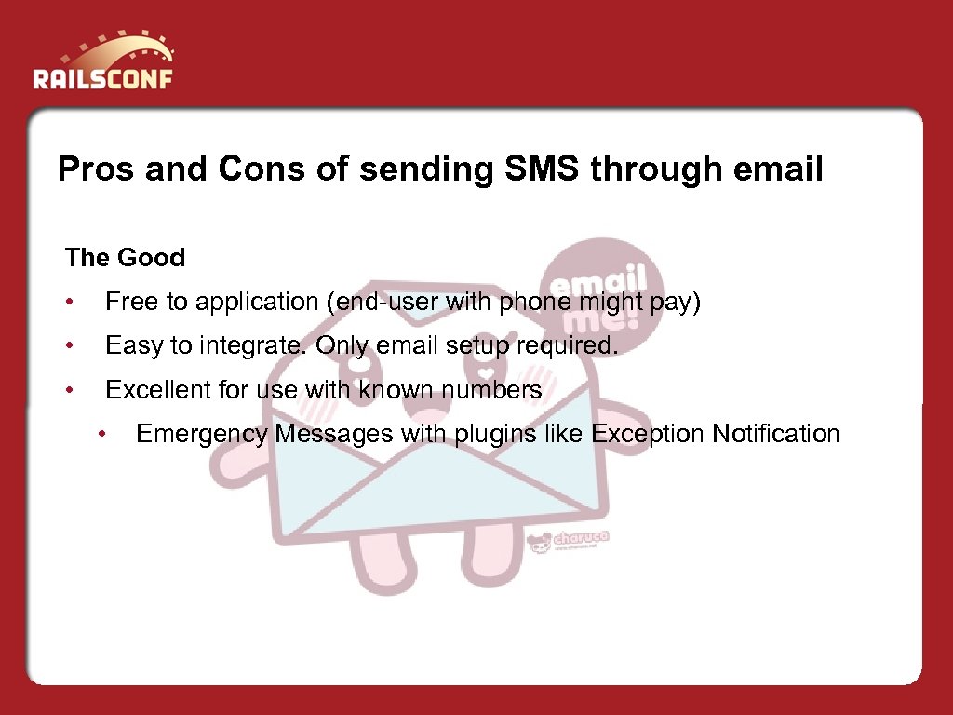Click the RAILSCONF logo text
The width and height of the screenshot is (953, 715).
[102, 76]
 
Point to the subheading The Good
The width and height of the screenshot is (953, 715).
[126, 258]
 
